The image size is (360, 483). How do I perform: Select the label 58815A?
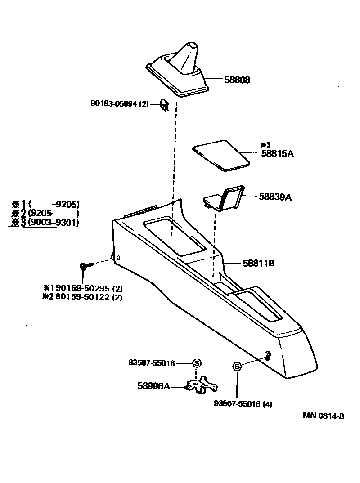click(277, 153)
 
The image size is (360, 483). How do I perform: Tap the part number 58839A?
click(275, 197)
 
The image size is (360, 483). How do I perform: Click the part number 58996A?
click(153, 385)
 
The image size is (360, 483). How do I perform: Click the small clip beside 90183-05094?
click(164, 105)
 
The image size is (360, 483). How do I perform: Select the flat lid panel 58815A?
click(221, 156)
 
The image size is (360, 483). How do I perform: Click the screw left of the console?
click(84, 266)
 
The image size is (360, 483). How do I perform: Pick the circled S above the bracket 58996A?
click(197, 363)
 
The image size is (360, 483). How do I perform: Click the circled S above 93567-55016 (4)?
click(237, 367)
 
